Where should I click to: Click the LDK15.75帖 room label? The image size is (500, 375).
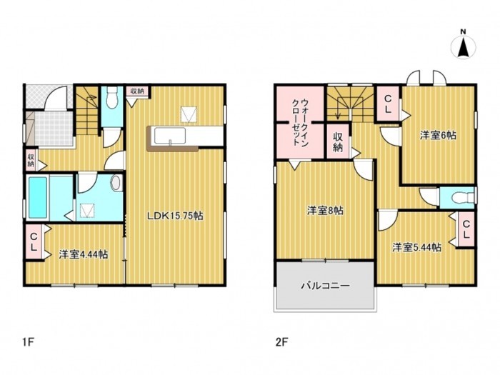click(175, 215)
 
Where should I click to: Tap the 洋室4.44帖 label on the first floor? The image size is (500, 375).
click(84, 254)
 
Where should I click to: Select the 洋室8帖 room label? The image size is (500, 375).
click(325, 211)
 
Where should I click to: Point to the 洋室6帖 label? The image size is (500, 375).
click(438, 135)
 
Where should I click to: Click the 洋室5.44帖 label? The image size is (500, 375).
click(416, 247)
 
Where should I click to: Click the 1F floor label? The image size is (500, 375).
click(28, 341)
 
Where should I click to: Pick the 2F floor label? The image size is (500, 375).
click(281, 341)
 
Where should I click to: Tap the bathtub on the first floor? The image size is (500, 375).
click(39, 199)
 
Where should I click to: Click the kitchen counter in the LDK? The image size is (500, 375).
click(175, 136)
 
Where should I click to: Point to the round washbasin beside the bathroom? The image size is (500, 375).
click(116, 183)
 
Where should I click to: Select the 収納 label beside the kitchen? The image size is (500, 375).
click(136, 91)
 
